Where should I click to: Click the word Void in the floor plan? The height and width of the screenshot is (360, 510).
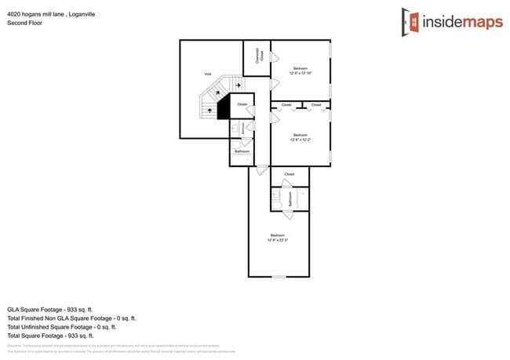click(x=208, y=74)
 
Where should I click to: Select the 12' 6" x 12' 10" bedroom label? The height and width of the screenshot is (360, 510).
click(x=300, y=71)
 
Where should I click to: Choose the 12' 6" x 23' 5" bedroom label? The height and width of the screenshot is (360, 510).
click(x=278, y=238)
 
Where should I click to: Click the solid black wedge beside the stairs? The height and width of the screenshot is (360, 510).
click(x=223, y=105)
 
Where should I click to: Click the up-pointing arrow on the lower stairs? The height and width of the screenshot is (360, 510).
click(x=210, y=111)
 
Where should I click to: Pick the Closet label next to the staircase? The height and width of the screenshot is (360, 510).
click(x=242, y=104)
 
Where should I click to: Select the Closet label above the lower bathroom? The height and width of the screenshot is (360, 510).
click(x=289, y=173)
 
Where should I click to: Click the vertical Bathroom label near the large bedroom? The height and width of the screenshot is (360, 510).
click(x=290, y=200)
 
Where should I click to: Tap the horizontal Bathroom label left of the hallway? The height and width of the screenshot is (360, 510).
click(x=242, y=151)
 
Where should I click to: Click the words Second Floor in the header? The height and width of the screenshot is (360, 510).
click(x=25, y=24)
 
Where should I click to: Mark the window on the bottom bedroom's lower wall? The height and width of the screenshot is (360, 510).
click(x=279, y=276)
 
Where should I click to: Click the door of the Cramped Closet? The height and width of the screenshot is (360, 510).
click(x=272, y=57)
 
